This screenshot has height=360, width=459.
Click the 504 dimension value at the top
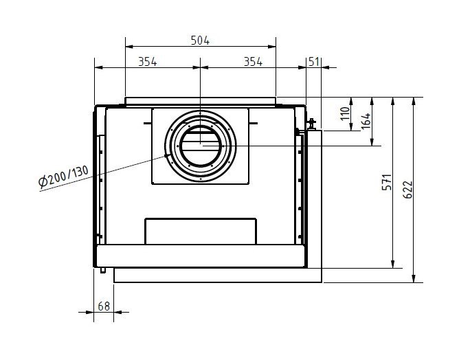click(200, 41)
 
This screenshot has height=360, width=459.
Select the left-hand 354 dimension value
click(147, 62)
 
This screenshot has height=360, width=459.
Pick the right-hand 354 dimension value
click(253, 62)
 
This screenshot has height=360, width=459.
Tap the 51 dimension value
click(314, 62)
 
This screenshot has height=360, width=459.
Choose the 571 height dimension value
click(387, 182)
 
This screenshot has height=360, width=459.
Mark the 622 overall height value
click(408, 189)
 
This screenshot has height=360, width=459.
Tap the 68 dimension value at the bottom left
click(104, 306)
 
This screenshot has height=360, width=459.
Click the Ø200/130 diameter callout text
click(65, 177)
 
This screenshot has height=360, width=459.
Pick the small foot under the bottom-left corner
click(101, 269)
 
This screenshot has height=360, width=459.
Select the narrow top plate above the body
click(200, 102)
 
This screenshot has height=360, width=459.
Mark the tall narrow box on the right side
click(313, 199)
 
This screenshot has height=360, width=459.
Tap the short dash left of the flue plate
click(147, 124)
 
